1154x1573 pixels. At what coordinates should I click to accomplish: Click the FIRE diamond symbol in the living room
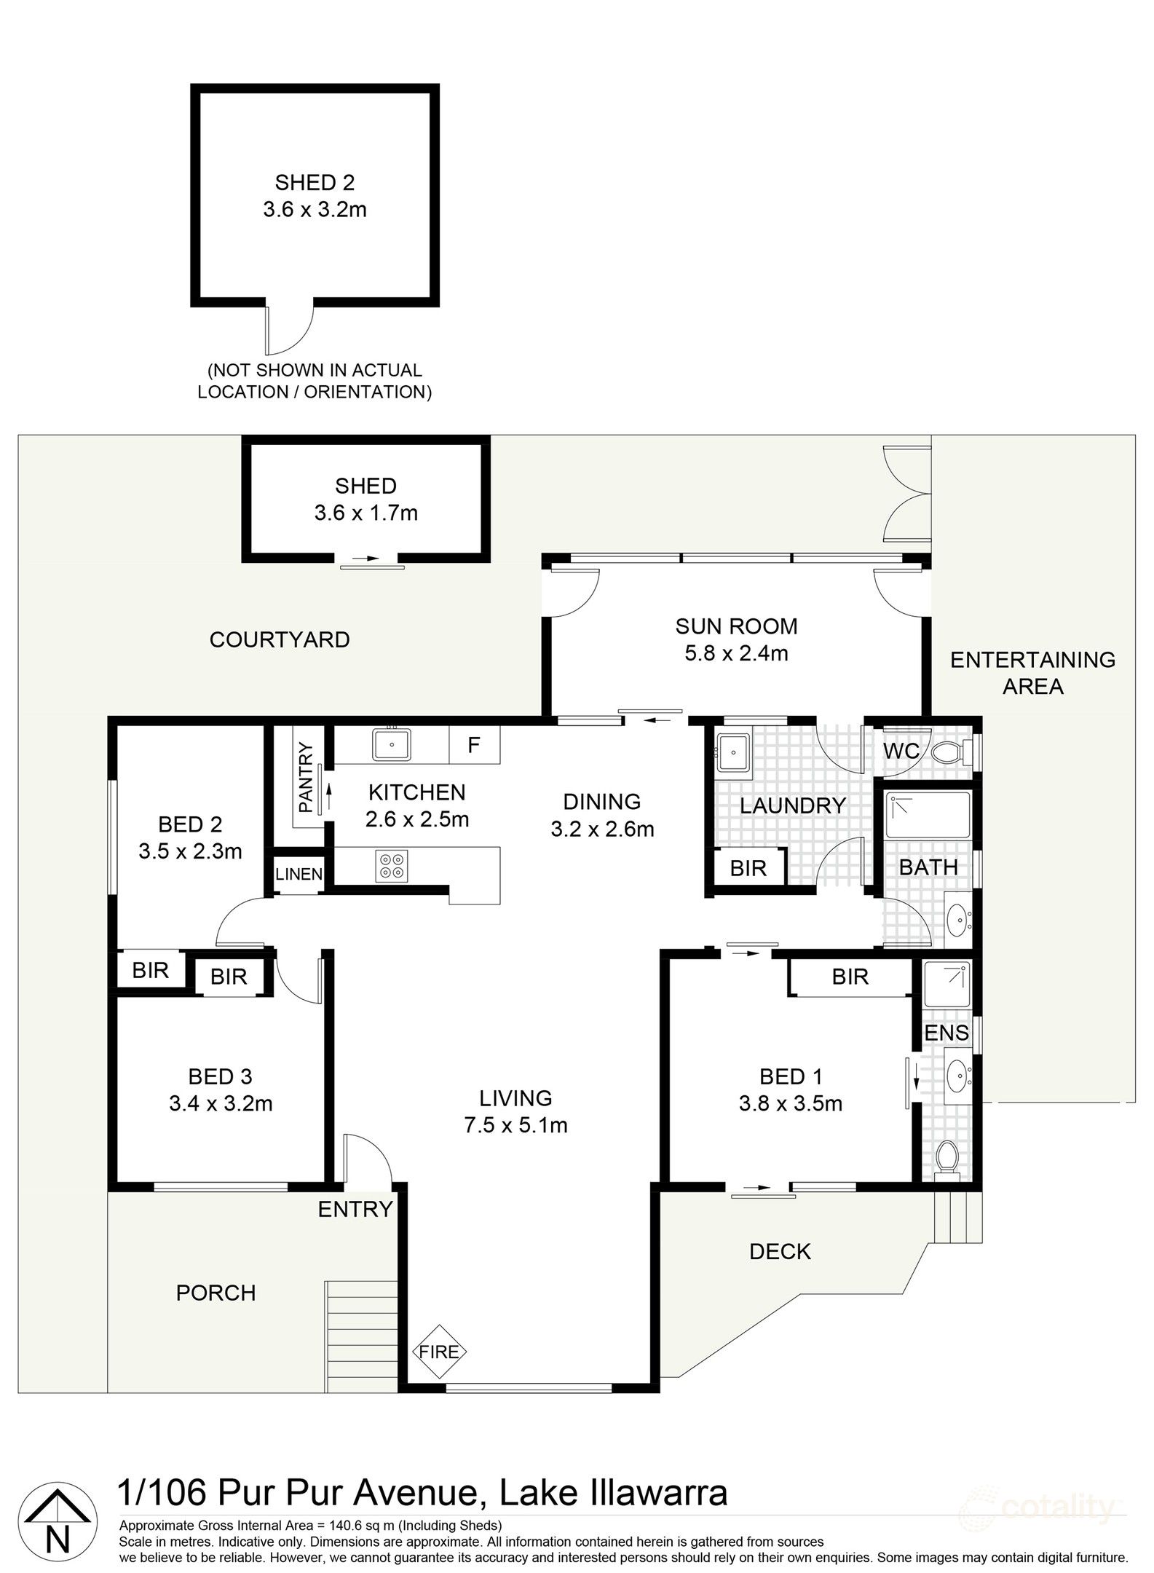pyautogui.click(x=439, y=1352)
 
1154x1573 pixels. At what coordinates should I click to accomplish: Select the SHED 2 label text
pyautogui.click(x=315, y=182)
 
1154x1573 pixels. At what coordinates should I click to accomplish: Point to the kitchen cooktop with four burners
pyautogui.click(x=392, y=866)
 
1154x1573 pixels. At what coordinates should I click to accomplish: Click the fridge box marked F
pyautogui.click(x=474, y=745)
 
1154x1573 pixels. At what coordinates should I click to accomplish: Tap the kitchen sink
pyautogui.click(x=392, y=745)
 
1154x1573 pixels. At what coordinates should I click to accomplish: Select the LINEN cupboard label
pyautogui.click(x=299, y=874)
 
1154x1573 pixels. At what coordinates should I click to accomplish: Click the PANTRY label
pyautogui.click(x=306, y=777)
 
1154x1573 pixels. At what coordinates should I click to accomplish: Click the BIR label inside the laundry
pyautogui.click(x=748, y=868)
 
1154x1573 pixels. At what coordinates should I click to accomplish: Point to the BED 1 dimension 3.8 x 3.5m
pyautogui.click(x=790, y=1104)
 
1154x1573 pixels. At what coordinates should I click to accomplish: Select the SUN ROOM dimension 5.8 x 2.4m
pyautogui.click(x=736, y=653)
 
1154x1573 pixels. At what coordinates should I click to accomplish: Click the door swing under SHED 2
pyautogui.click(x=291, y=326)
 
